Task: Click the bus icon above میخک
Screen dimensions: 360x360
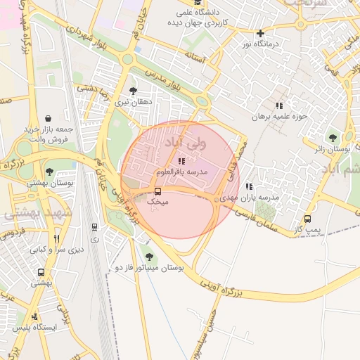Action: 157,191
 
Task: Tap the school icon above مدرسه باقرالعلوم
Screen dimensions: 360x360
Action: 182,161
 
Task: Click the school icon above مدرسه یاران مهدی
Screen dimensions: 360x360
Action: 249,186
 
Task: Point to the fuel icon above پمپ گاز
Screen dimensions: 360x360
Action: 307,219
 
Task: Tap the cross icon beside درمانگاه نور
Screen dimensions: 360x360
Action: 260,33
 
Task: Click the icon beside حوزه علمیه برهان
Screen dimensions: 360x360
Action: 279,105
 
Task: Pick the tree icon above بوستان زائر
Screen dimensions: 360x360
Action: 333,138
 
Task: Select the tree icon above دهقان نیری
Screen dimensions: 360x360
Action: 133,91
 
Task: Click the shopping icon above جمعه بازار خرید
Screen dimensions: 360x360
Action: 47,118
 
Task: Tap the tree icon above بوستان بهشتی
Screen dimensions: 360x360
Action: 48,172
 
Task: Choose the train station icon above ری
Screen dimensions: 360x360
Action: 94,227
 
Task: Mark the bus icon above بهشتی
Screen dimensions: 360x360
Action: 41,272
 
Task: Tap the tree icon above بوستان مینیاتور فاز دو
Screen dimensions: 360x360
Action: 148,256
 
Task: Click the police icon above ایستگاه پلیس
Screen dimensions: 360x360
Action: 34,316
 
